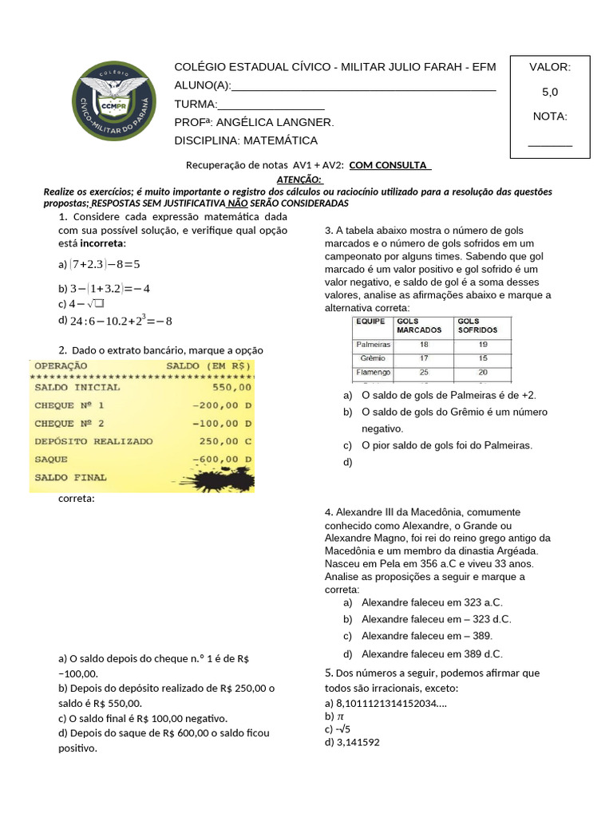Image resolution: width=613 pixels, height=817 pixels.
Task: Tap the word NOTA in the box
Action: point(549,116)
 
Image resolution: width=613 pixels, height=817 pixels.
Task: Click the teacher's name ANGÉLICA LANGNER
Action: point(275,123)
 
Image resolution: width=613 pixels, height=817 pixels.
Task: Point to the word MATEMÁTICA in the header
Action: point(279,141)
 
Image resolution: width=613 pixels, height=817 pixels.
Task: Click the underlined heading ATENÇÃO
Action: point(299,180)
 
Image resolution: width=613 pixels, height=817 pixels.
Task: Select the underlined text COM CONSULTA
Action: point(390,166)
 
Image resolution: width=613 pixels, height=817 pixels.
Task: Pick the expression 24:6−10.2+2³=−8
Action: point(121,322)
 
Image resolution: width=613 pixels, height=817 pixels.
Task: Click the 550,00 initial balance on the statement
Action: point(232,388)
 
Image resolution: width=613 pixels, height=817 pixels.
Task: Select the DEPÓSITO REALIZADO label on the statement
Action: point(93,441)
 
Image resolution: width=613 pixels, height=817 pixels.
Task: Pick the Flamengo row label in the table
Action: point(372,373)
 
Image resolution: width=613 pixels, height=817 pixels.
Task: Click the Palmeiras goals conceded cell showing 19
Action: point(483,345)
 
